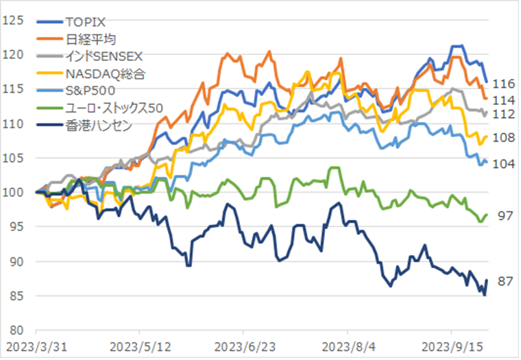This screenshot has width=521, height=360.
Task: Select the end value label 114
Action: [503, 100]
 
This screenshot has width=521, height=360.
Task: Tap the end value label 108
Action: [503, 138]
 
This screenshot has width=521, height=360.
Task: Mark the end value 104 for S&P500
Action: [503, 165]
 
